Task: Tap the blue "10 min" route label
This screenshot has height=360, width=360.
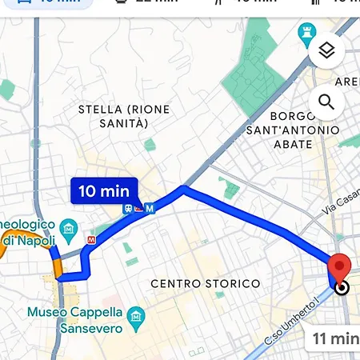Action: (105, 190)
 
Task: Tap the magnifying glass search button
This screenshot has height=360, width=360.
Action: (326, 102)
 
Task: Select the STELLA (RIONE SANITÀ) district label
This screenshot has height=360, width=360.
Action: (124, 115)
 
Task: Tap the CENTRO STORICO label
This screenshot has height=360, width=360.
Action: (205, 283)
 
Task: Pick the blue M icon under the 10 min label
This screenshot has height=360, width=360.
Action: (150, 208)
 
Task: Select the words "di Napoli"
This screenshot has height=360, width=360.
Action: (28, 241)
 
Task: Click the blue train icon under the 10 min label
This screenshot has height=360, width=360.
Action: (128, 208)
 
